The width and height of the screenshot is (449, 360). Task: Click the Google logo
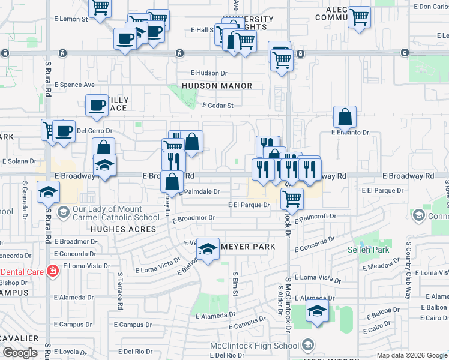[x=20, y=353]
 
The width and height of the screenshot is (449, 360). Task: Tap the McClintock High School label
[x=255, y=346]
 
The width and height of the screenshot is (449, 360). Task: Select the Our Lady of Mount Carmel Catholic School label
[x=116, y=214]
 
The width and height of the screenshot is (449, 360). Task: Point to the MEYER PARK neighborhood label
[x=250, y=247]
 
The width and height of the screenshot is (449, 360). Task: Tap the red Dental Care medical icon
[x=53, y=271]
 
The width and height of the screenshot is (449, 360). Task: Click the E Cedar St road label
[x=217, y=106]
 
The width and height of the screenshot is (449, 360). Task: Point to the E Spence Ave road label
[x=74, y=85]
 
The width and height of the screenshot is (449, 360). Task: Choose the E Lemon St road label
[x=73, y=19]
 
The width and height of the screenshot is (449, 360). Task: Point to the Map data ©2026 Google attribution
[x=411, y=355]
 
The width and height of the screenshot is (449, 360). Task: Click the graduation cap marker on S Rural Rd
[x=48, y=193]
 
